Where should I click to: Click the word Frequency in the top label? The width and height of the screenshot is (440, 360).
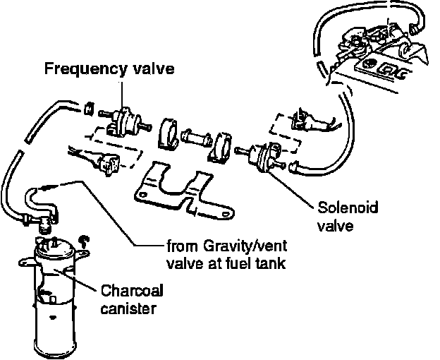pos(77,69)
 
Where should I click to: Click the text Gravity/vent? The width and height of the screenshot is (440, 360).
pos(231,247)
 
